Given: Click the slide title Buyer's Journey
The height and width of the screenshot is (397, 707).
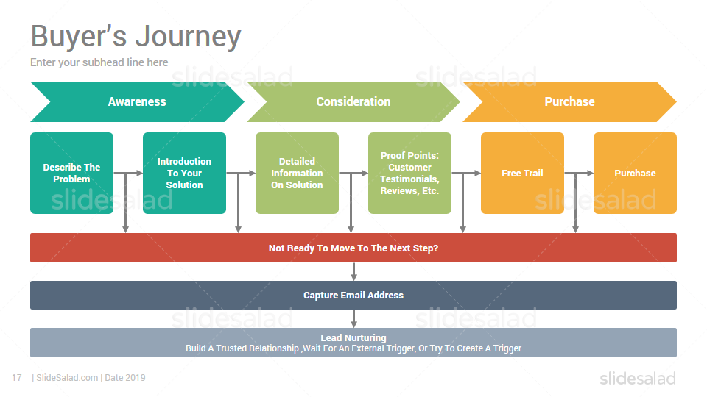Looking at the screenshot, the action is click(x=136, y=37).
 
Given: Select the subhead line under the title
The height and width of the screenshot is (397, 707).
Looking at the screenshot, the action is click(x=99, y=62).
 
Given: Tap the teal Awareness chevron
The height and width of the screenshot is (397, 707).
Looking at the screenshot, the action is click(x=137, y=101).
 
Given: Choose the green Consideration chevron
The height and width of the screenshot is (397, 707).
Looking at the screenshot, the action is click(x=353, y=101).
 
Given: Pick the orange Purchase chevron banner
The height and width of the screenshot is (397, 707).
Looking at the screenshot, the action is click(x=569, y=101).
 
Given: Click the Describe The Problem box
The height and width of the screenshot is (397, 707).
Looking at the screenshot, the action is click(x=71, y=173).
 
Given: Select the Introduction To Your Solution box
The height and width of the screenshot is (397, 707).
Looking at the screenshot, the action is click(x=184, y=173).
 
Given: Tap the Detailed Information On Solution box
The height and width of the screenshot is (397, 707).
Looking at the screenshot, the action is click(x=297, y=173).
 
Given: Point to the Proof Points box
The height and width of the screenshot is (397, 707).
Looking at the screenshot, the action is click(x=410, y=173).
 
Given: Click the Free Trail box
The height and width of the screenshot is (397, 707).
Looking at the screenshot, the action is click(x=523, y=173).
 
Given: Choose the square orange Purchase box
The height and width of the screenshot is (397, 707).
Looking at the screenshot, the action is click(x=636, y=173).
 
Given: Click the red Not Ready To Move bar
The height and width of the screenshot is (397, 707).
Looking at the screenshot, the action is click(x=353, y=248).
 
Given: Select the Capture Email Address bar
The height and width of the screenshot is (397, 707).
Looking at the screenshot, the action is click(x=353, y=296).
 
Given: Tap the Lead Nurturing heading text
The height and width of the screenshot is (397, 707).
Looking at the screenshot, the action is click(x=353, y=337).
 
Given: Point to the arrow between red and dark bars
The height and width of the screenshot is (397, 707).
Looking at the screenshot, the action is click(x=354, y=271).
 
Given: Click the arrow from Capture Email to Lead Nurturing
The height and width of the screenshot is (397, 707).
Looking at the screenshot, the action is click(x=354, y=318).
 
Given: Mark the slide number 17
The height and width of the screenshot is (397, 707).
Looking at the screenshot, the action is click(x=17, y=378).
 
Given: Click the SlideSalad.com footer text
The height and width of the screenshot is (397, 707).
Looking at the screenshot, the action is click(x=67, y=378).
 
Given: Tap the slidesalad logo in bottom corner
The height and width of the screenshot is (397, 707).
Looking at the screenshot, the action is click(x=638, y=379).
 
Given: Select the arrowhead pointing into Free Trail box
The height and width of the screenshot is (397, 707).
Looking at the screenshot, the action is click(x=477, y=173).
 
